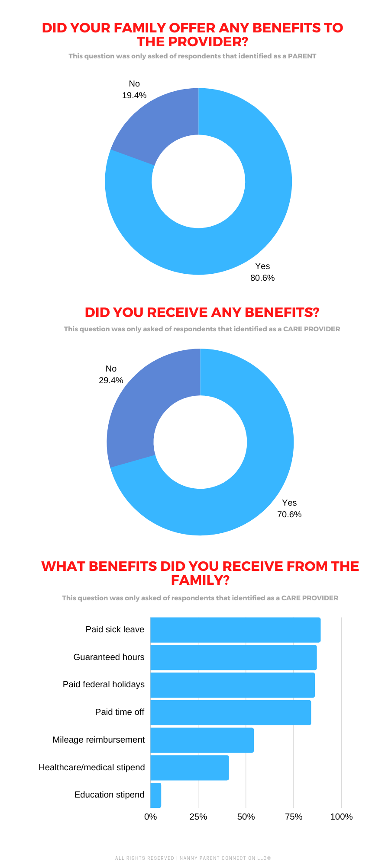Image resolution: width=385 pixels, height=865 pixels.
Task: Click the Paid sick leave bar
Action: pyautogui.click(x=235, y=630)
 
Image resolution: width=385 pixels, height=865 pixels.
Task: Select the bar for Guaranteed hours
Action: pyautogui.click(x=233, y=657)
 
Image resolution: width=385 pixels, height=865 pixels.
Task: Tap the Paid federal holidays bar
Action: pyautogui.click(x=233, y=685)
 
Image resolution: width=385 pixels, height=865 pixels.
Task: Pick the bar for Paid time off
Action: pyautogui.click(x=230, y=712)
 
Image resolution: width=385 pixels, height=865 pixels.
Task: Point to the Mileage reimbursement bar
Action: pyautogui.click(x=202, y=740)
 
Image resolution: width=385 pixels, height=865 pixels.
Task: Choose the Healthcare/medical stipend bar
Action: pyautogui.click(x=189, y=768)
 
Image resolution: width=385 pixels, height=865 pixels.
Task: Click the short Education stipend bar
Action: pyautogui.click(x=155, y=795)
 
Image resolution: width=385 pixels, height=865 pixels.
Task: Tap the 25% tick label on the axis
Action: pyautogui.click(x=198, y=817)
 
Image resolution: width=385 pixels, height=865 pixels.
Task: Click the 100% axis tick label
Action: pyautogui.click(x=341, y=817)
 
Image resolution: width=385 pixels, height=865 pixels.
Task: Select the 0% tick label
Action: pyautogui.click(x=150, y=817)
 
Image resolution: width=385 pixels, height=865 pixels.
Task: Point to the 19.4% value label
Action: pyautogui.click(x=134, y=96)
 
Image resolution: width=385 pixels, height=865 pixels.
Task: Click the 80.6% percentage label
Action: pyautogui.click(x=262, y=278)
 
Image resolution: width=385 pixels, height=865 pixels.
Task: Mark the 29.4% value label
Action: pyautogui.click(x=111, y=380)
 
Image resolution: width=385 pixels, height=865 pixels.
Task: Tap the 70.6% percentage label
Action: pyautogui.click(x=289, y=514)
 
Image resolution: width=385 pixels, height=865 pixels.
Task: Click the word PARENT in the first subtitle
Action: pyautogui.click(x=302, y=56)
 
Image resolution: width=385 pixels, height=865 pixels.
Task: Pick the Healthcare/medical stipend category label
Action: pyautogui.click(x=92, y=767)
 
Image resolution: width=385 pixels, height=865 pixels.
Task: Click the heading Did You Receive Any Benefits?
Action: pyautogui.click(x=202, y=312)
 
